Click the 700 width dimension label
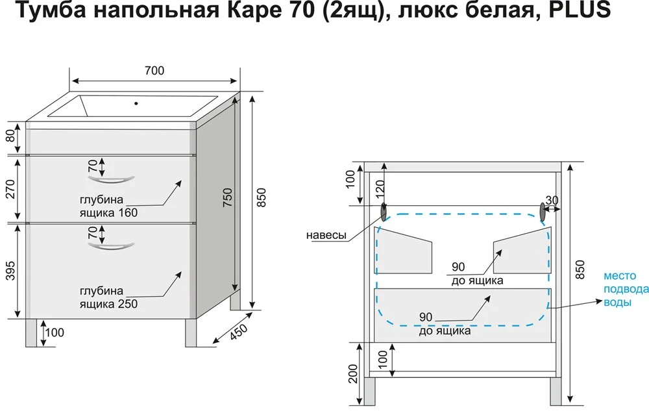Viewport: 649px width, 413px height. [155, 70]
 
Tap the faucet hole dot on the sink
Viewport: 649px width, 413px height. [136, 103]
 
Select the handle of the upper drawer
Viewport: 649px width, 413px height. [110, 175]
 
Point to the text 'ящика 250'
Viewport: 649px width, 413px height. [108, 303]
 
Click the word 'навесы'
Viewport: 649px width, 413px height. [326, 235]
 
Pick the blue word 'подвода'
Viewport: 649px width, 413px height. [625, 289]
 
